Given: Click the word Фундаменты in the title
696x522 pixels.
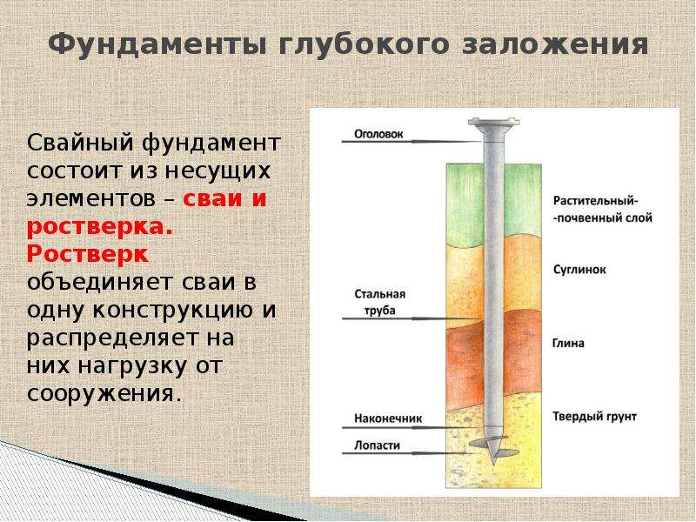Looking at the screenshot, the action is coord(157,45).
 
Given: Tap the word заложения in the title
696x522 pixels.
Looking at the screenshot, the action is coord(555,45).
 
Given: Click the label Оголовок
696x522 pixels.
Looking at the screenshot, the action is coord(378,134).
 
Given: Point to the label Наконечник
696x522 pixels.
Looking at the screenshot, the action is coord(388,418).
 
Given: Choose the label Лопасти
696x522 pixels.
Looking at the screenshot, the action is coord(377,445).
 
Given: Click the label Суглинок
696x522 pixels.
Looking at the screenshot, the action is coord(579,270).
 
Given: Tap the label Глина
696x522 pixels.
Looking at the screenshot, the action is coord(568,343).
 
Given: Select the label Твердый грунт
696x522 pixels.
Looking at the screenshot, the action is coord(595,417).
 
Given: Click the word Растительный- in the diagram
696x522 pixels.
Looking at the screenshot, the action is coord(596,201).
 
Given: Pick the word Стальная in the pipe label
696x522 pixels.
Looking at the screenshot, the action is coord(380,294).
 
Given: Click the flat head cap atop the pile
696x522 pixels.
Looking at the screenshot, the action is coord(494,122).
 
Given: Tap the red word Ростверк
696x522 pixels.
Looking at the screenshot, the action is coord(88,254).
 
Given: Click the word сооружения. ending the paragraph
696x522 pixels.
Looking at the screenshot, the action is coord(104,393).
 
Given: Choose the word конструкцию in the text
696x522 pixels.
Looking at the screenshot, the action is coord(172,310).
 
